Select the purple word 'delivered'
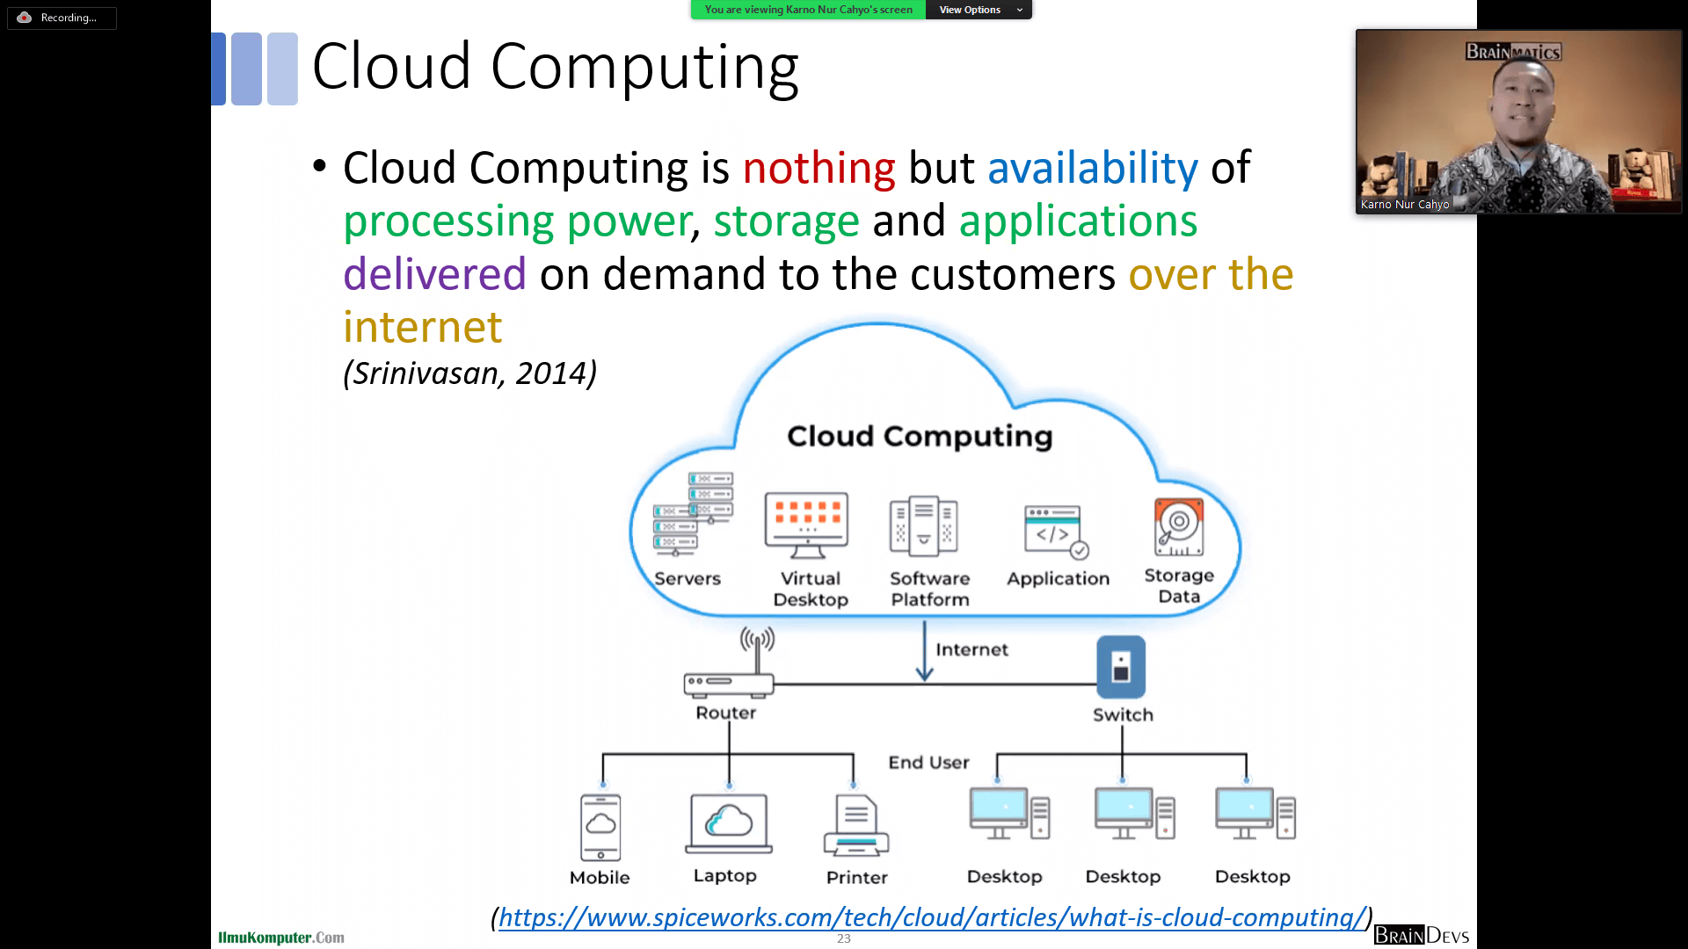[434, 274]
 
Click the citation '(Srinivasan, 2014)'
[469, 373]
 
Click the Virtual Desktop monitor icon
[806, 525]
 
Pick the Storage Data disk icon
[1178, 527]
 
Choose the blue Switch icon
[1120, 667]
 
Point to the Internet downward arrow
[924, 651]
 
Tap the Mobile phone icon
[600, 827]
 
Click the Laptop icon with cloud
[728, 823]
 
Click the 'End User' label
[928, 763]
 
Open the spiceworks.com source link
[932, 917]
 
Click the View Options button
[979, 10]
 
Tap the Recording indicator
[62, 18]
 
